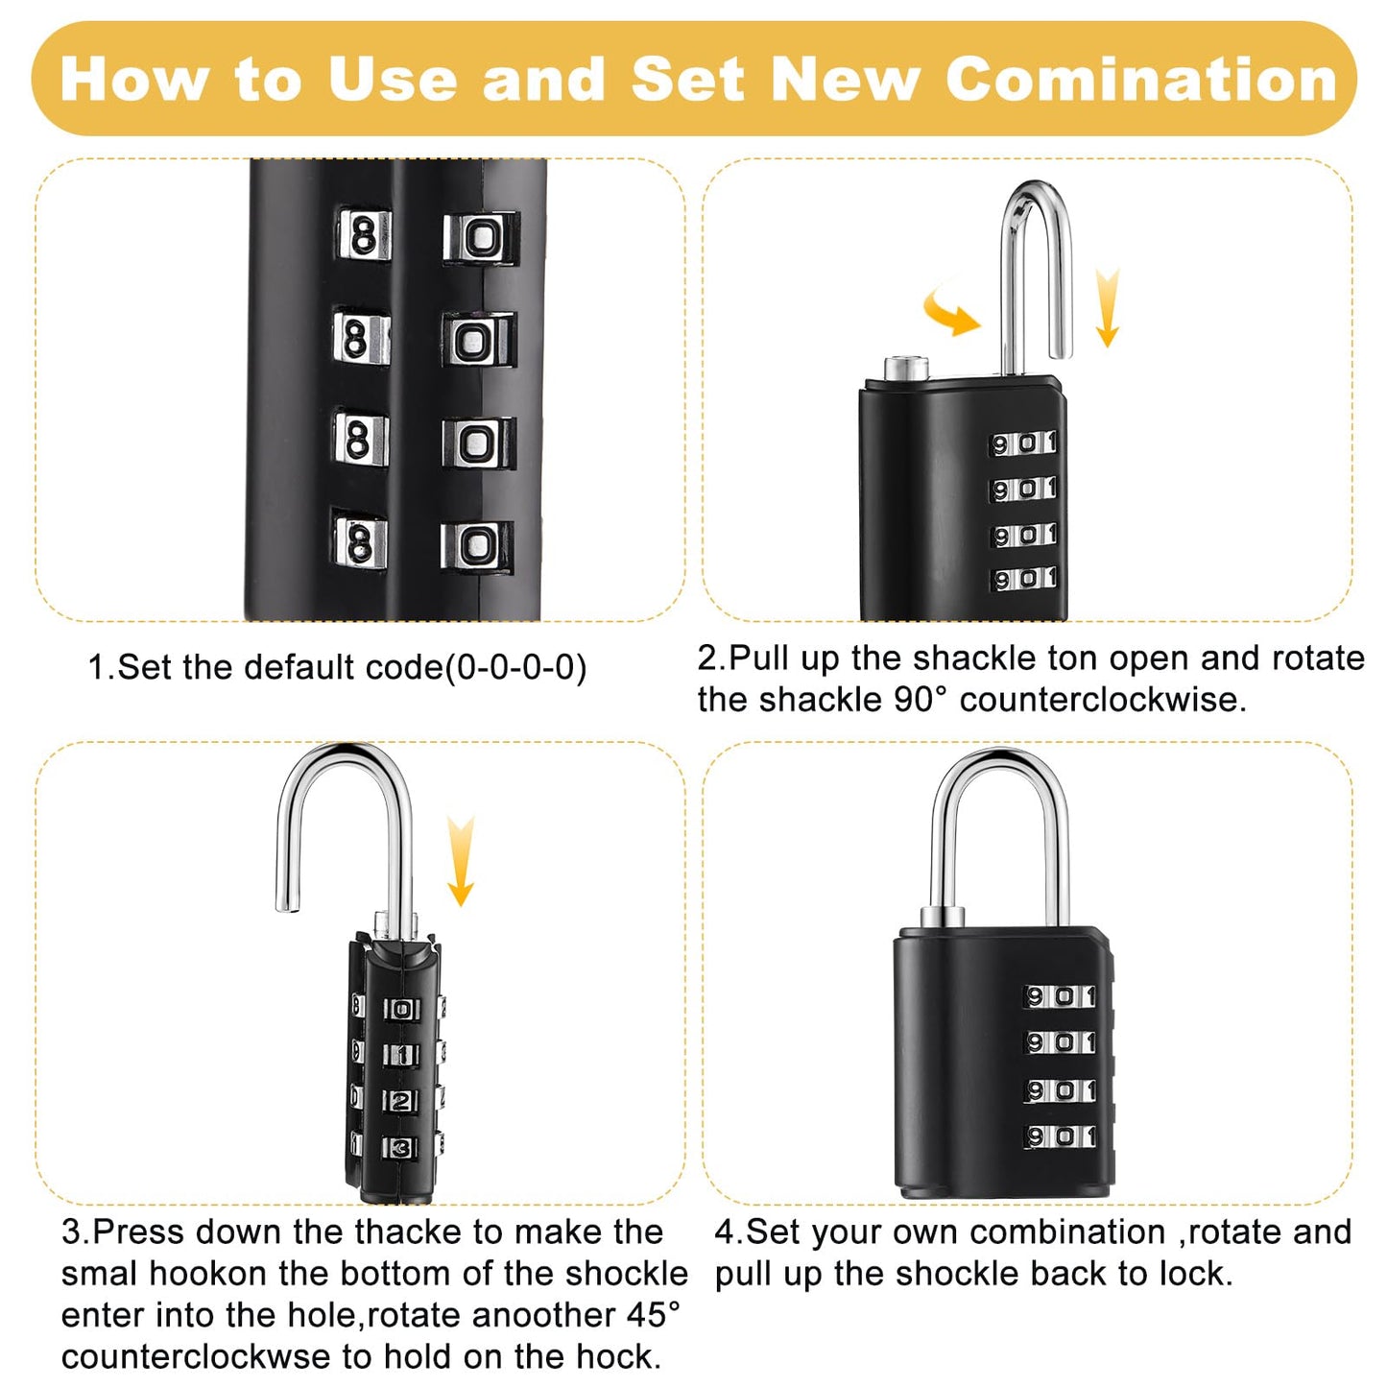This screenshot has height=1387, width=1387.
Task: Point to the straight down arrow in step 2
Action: tap(1107, 307)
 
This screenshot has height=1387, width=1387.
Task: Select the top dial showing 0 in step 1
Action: tap(480, 237)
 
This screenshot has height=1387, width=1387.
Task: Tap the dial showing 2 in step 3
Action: tap(402, 1101)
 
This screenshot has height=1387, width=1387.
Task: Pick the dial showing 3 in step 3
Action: tap(401, 1147)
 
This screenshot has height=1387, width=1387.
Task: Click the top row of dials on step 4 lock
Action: tap(1061, 997)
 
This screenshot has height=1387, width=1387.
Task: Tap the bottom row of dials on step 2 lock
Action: tap(1024, 579)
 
